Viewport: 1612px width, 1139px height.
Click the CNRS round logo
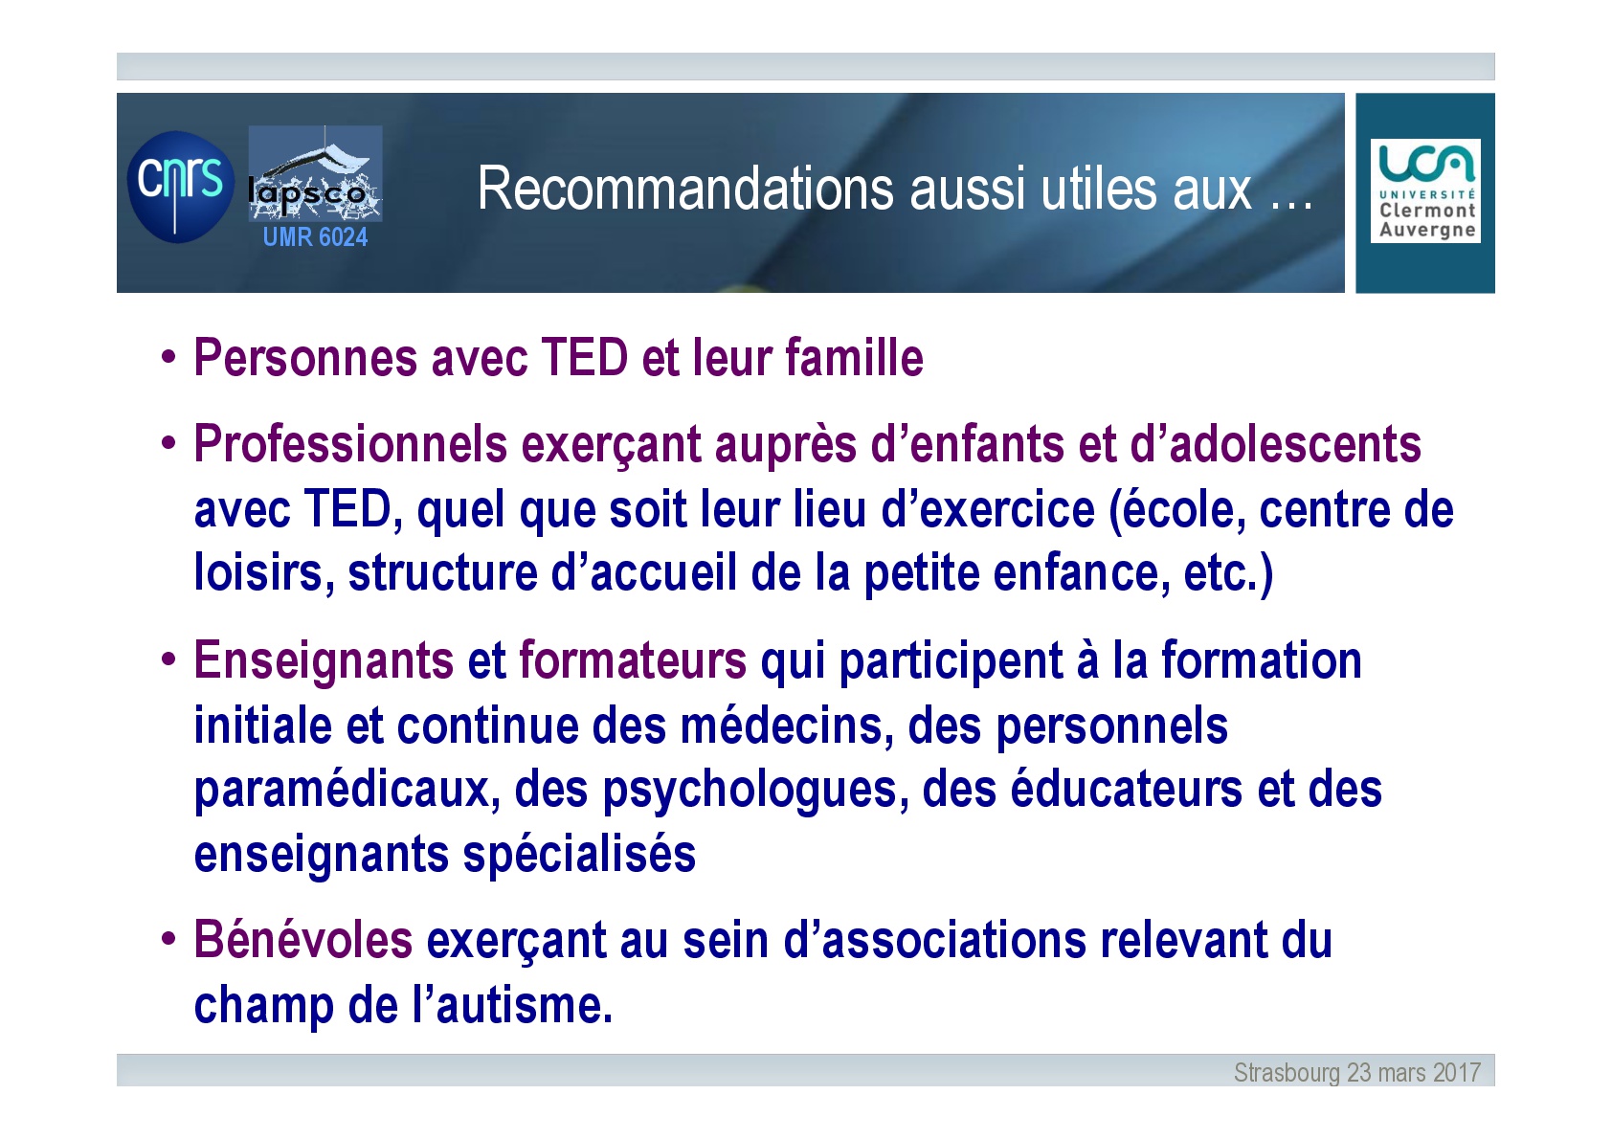180,187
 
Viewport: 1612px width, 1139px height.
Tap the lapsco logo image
315,173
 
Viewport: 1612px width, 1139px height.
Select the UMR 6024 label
315,236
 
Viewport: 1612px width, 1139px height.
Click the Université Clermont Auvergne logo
1425,190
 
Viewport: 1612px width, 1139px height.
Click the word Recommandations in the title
685,189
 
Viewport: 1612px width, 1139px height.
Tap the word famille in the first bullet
854,358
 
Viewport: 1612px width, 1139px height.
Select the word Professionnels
351,443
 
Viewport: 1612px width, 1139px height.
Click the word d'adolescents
1275,443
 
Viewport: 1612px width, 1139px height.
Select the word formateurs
633,659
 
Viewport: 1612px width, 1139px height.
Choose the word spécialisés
579,854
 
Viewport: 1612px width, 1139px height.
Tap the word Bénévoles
303,940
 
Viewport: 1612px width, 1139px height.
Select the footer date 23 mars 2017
1414,1072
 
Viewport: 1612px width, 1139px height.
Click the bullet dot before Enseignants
168,659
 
